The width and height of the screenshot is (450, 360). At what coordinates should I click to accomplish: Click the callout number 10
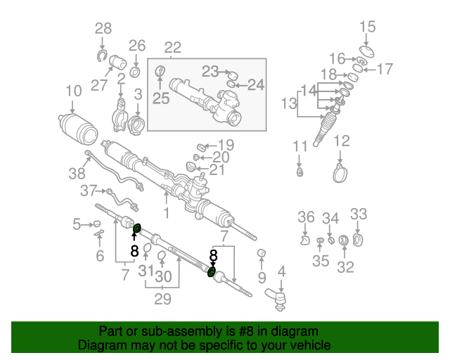coord(73,90)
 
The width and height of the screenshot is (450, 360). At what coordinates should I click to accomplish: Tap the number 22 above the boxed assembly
coord(172,48)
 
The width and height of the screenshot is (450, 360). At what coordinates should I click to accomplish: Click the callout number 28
coord(103,28)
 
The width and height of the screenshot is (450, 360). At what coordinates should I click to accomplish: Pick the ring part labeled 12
coord(341,171)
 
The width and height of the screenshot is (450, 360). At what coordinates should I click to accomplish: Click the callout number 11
coord(300,146)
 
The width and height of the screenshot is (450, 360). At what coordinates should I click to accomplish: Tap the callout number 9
coord(261,279)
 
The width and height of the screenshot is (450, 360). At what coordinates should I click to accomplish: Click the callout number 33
coord(358,214)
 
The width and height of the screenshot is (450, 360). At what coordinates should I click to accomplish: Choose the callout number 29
coord(162,298)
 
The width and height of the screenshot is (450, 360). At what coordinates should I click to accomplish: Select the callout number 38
coord(75,173)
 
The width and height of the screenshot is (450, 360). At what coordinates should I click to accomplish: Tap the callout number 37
coord(88,191)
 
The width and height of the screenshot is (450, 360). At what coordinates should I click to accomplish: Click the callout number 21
coord(219,169)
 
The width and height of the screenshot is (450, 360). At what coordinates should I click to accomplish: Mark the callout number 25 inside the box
coord(161,98)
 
